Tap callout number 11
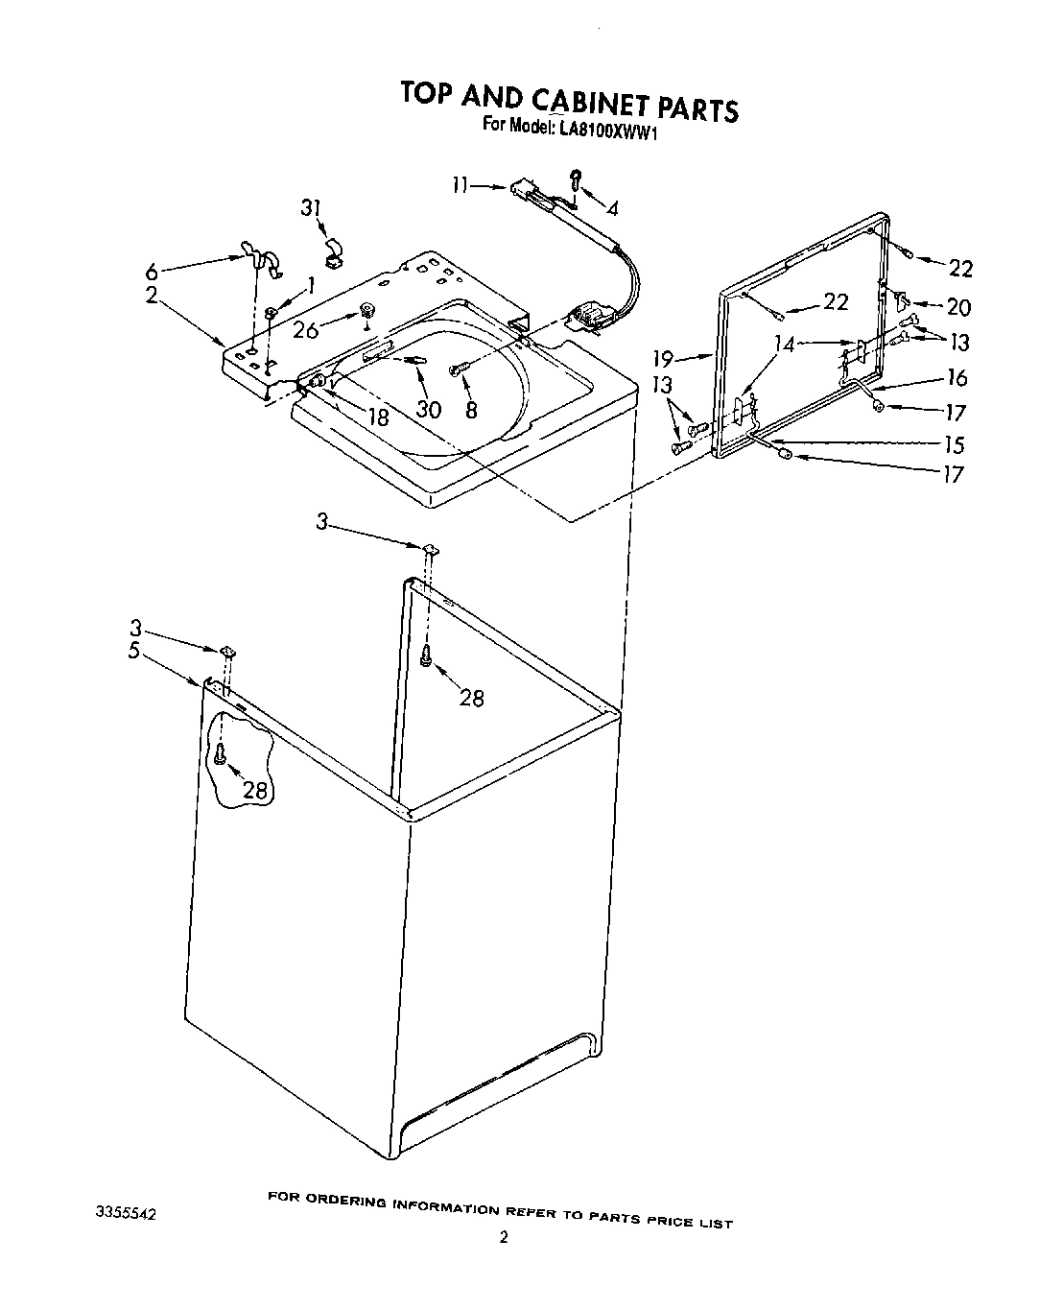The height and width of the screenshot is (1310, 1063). point(462,186)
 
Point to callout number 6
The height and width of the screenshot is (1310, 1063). point(151,271)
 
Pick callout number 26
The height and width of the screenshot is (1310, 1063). point(305,330)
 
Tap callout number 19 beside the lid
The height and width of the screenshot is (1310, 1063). point(665,360)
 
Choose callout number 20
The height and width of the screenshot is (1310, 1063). point(957,307)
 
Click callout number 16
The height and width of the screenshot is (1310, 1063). point(956,378)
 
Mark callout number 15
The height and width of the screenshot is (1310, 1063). point(953,445)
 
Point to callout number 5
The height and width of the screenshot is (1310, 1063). point(133,650)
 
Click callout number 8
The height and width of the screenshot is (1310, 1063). point(469,408)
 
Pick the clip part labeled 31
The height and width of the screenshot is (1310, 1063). point(333,254)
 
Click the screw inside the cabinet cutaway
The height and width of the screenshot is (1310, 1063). point(221,754)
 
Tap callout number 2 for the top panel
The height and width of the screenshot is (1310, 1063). point(151,296)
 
